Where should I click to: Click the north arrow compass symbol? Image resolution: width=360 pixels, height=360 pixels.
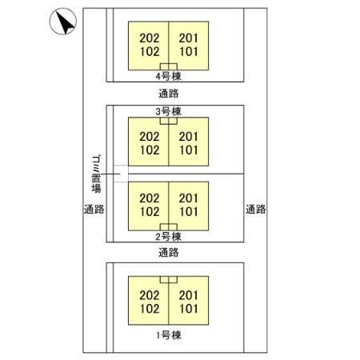coord(63,22)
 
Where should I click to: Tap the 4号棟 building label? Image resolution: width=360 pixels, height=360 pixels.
coord(169,76)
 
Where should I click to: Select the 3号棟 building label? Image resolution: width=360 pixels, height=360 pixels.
coord(169,111)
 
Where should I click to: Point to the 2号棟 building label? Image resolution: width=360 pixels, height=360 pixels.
coord(169,237)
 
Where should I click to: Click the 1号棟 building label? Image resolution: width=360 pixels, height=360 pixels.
coord(169,335)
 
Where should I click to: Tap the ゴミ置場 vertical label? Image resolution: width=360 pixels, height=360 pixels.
coord(96,174)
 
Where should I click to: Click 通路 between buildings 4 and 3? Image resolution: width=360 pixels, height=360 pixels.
coord(169,94)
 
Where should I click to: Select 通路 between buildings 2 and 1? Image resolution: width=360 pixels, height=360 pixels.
coord(169,252)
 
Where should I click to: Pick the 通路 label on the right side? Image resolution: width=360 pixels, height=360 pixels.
coord(255,209)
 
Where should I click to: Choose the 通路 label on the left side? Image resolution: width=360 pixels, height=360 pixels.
coord(94,209)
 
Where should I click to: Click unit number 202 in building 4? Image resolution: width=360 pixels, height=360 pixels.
coord(150,38)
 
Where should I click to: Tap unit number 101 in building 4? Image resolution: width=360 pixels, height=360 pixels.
coord(189,52)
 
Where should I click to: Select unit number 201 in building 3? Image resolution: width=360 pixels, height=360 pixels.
coord(189,137)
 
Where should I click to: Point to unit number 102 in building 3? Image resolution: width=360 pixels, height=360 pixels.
coord(150,150)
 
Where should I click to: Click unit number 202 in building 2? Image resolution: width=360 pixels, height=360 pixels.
coord(150,198)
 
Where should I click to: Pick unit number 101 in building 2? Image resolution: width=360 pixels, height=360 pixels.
coord(189,212)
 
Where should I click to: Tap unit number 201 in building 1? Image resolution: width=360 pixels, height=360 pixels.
coord(189,295)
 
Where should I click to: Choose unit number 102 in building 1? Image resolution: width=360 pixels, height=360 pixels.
coord(150,309)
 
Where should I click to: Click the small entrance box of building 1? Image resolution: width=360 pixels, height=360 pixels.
coord(169,279)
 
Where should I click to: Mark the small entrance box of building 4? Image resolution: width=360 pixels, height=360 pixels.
coord(169,66)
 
